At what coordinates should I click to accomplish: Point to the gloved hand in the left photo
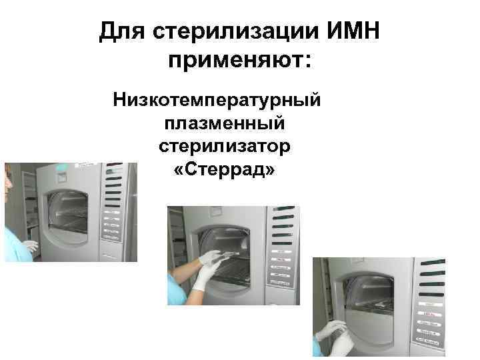point(29,246)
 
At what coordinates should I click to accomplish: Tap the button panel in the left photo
point(110,220)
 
